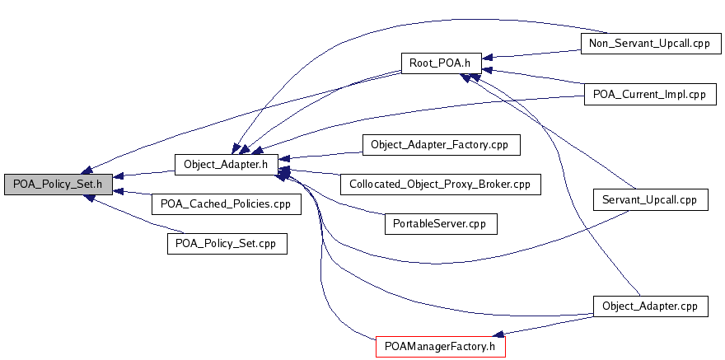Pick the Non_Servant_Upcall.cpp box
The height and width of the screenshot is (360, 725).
[650, 43]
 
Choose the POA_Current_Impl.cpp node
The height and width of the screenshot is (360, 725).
[650, 94]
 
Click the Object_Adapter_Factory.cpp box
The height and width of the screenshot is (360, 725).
[440, 144]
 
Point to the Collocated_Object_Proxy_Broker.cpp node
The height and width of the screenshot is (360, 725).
[440, 184]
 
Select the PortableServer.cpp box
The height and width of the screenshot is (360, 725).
[440, 223]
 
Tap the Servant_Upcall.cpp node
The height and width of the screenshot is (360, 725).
[650, 199]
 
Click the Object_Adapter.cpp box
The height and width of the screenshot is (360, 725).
[650, 306]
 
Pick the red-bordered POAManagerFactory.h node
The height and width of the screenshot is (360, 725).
[440, 346]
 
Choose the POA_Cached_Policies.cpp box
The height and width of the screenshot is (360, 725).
[226, 203]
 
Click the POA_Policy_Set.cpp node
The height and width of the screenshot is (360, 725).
[226, 243]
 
